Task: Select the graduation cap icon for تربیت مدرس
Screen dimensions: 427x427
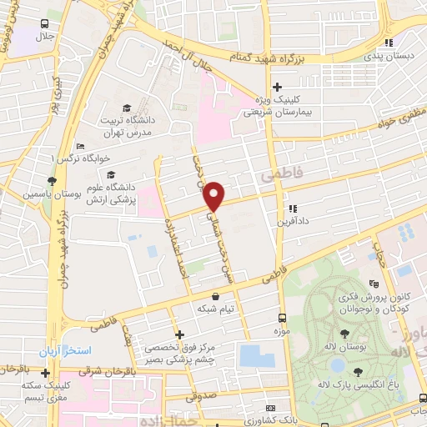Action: point(126,108)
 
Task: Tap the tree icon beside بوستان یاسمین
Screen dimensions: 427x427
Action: point(52,180)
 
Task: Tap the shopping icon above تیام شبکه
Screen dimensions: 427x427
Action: point(216,296)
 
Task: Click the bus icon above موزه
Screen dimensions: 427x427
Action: point(282,318)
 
